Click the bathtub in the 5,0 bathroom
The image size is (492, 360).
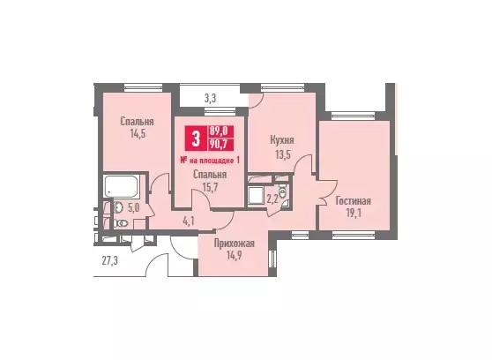[x=121, y=186]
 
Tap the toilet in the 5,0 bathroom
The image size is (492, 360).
[x=121, y=223]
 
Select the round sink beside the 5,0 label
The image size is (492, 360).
[x=118, y=207]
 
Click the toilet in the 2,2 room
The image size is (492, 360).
[x=283, y=191]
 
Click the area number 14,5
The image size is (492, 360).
[x=138, y=134]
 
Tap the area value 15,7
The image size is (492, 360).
[x=210, y=188]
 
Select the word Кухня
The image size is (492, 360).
[x=282, y=140]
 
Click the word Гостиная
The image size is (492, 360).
[x=353, y=200]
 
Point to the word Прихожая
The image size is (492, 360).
[x=234, y=244]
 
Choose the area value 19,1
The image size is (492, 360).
[x=354, y=214]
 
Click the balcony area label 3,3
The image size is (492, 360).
[x=210, y=99]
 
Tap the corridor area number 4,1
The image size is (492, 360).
[x=189, y=221]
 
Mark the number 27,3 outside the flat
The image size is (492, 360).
[x=110, y=260]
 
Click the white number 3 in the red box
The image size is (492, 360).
[x=196, y=139]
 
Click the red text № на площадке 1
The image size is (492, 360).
[x=210, y=161]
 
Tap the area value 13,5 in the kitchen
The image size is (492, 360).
[x=282, y=154]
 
